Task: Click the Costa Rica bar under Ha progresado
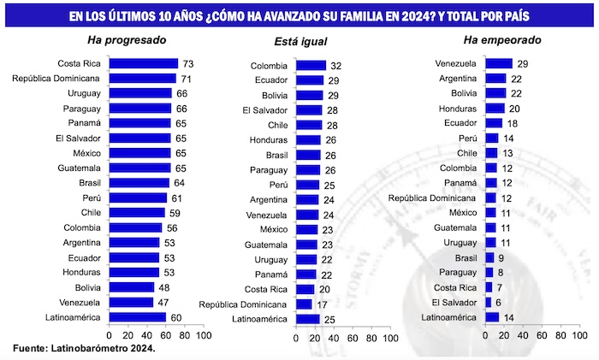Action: click(143, 63)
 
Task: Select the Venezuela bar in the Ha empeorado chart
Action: click(499, 63)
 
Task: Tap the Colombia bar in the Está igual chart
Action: click(311, 66)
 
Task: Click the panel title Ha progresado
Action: click(127, 40)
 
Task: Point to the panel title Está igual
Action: click(300, 41)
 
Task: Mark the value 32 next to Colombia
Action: click(336, 66)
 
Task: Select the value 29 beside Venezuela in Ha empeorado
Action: click(521, 63)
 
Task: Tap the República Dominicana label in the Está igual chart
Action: click(244, 304)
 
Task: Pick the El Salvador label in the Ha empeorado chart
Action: click(454, 302)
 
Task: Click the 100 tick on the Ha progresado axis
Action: click(204, 336)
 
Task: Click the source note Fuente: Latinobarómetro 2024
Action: click(84, 349)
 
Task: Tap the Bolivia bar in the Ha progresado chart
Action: click(132, 287)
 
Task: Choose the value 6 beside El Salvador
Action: click(499, 302)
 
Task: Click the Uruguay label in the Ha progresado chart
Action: click(85, 93)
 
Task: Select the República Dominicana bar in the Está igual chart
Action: click(304, 304)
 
